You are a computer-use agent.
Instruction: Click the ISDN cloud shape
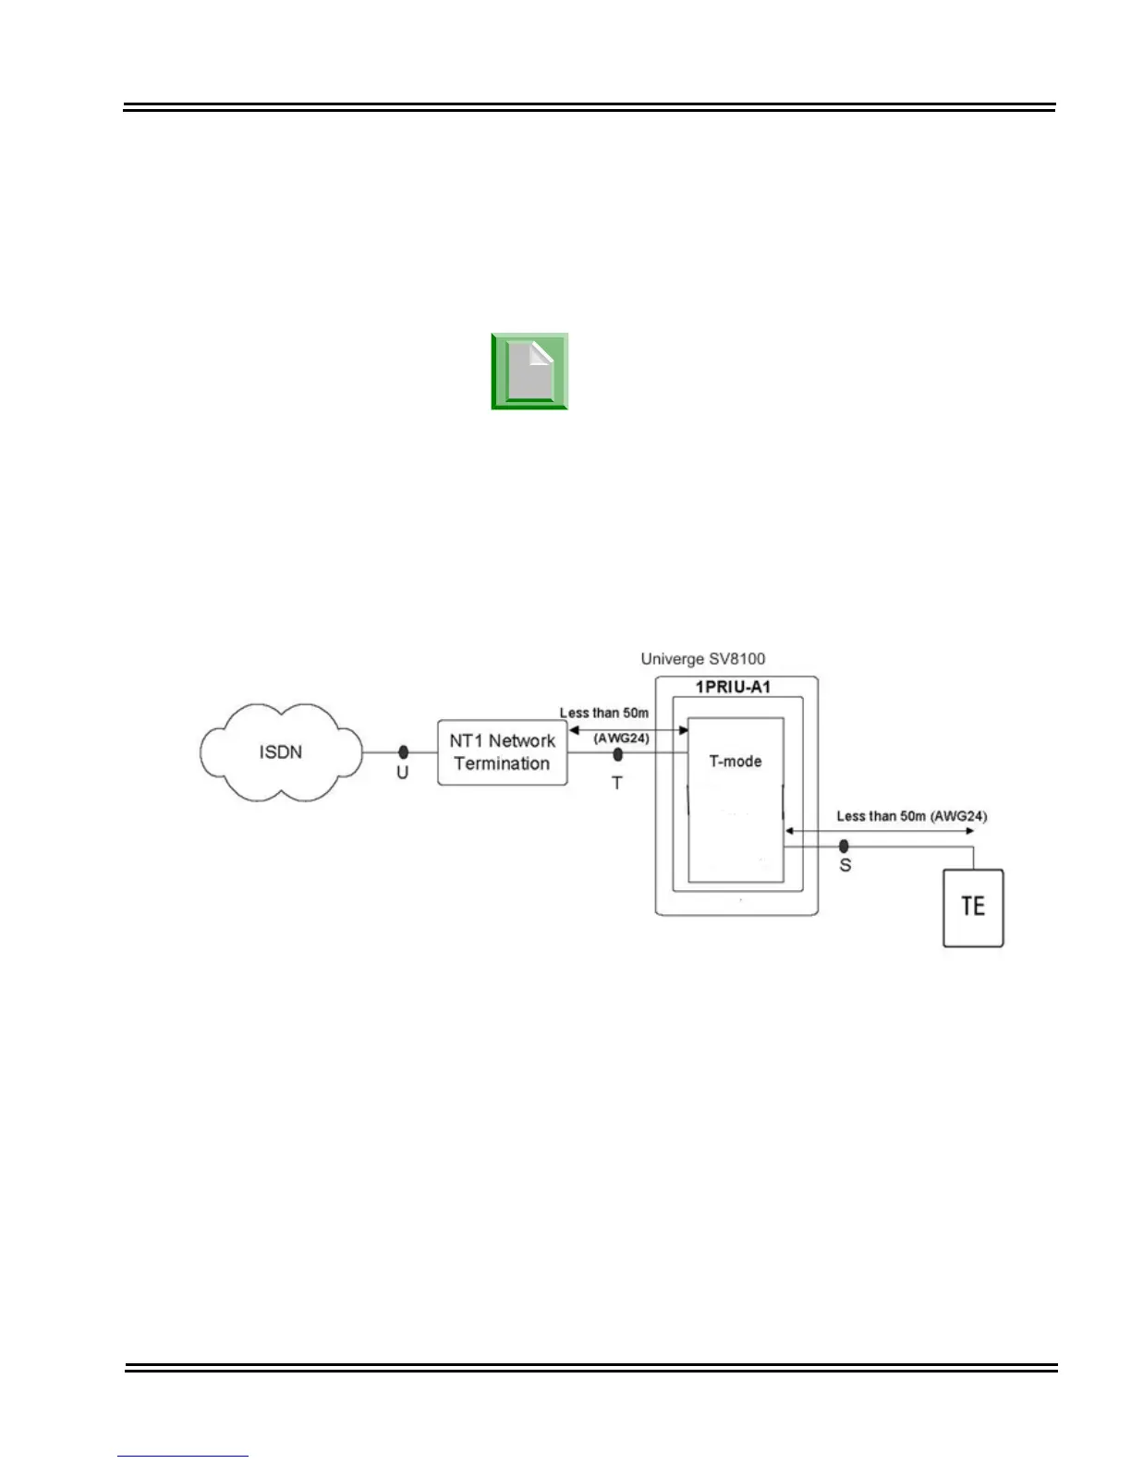(x=281, y=752)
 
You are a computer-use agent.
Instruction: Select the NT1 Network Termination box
(x=502, y=752)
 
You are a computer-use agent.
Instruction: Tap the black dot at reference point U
(x=403, y=752)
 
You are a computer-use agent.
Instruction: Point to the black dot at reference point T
(x=618, y=754)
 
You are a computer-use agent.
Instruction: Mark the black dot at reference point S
(x=844, y=846)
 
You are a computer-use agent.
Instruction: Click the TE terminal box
(x=973, y=907)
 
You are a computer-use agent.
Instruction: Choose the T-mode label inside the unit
(x=736, y=762)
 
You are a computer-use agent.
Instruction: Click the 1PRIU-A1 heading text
(x=733, y=688)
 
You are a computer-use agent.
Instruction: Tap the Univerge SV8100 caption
(x=703, y=659)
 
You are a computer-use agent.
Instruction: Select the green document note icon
(x=529, y=372)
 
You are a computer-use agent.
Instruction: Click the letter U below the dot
(x=403, y=773)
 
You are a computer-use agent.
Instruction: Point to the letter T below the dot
(x=617, y=783)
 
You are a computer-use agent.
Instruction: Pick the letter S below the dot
(x=845, y=866)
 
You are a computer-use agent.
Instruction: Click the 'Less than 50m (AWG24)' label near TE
(x=911, y=816)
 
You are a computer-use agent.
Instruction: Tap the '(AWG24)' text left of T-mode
(x=621, y=738)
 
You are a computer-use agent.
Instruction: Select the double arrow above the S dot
(x=878, y=831)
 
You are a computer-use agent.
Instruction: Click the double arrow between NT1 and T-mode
(x=628, y=729)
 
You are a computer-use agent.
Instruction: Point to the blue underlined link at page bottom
(x=183, y=1456)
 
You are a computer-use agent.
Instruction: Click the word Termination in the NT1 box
(x=502, y=763)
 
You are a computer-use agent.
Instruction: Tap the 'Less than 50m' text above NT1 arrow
(x=604, y=714)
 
